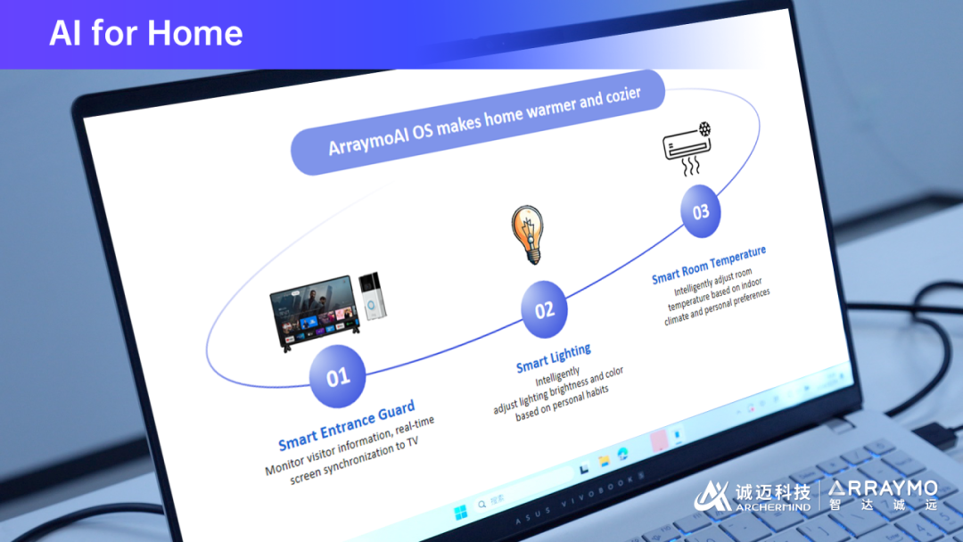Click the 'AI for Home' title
146,33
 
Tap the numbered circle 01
337,376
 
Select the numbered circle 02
544,310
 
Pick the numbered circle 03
701,212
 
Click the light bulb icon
528,234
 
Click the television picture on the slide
314,313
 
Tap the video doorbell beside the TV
372,296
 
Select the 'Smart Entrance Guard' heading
346,424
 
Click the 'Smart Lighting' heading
554,357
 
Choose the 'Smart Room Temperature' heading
709,265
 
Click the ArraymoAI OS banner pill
478,123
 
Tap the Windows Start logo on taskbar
460,513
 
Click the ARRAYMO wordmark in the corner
883,489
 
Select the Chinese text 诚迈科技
772,492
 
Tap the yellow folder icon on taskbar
605,461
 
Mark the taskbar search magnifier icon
482,505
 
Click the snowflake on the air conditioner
704,129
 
